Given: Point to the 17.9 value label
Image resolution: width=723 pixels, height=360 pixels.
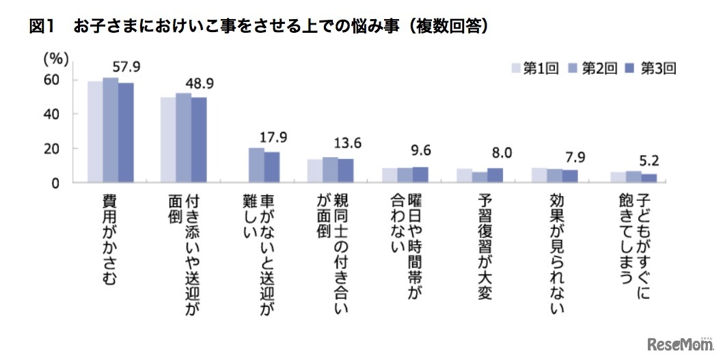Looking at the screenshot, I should coord(273,137).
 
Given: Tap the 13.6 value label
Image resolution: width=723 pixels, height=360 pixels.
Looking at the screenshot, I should coord(348,143).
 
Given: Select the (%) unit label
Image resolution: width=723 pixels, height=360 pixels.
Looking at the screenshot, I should coord(56,59).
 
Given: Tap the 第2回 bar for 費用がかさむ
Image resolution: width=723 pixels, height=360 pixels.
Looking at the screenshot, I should coord(110,130).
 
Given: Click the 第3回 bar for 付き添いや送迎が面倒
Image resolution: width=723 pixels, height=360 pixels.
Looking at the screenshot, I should coord(198,140).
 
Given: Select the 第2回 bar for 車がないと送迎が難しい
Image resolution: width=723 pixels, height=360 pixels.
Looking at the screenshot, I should coord(256,165).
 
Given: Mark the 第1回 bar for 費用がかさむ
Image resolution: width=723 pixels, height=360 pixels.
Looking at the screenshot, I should coord(95,132).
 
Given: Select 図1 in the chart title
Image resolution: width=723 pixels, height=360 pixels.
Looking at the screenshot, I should coord(42,27).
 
